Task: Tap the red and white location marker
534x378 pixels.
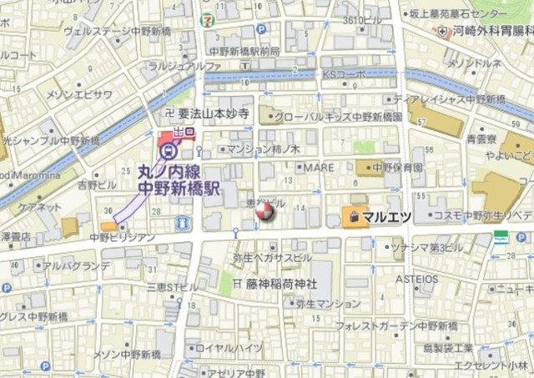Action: [x=264, y=213]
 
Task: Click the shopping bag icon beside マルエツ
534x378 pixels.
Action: [x=355, y=217]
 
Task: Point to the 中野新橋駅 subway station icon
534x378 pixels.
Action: [x=169, y=151]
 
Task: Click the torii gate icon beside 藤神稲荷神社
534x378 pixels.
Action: [x=226, y=284]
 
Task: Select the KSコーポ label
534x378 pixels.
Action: [x=344, y=76]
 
